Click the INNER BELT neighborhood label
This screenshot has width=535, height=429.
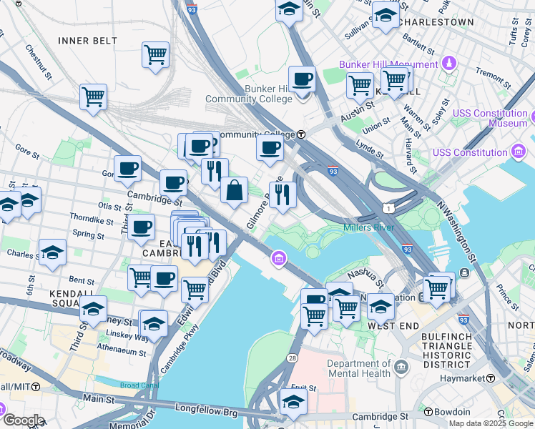pyautogui.click(x=87, y=41)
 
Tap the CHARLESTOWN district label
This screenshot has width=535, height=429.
pyautogui.click(x=437, y=22)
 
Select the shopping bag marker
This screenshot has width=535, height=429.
pyautogui.click(x=234, y=190)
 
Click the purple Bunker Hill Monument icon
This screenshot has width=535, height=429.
pyautogui.click(x=449, y=64)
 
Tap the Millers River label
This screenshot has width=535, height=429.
pyautogui.click(x=370, y=227)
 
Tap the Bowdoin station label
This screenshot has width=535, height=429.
pyautogui.click(x=452, y=412)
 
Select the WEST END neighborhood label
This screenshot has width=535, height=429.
pyautogui.click(x=388, y=325)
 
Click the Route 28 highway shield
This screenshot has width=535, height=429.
pyautogui.click(x=293, y=357)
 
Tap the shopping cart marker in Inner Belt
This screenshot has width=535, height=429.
pyautogui.click(x=155, y=54)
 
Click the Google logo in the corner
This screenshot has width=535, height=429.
pyautogui.click(x=24, y=420)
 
